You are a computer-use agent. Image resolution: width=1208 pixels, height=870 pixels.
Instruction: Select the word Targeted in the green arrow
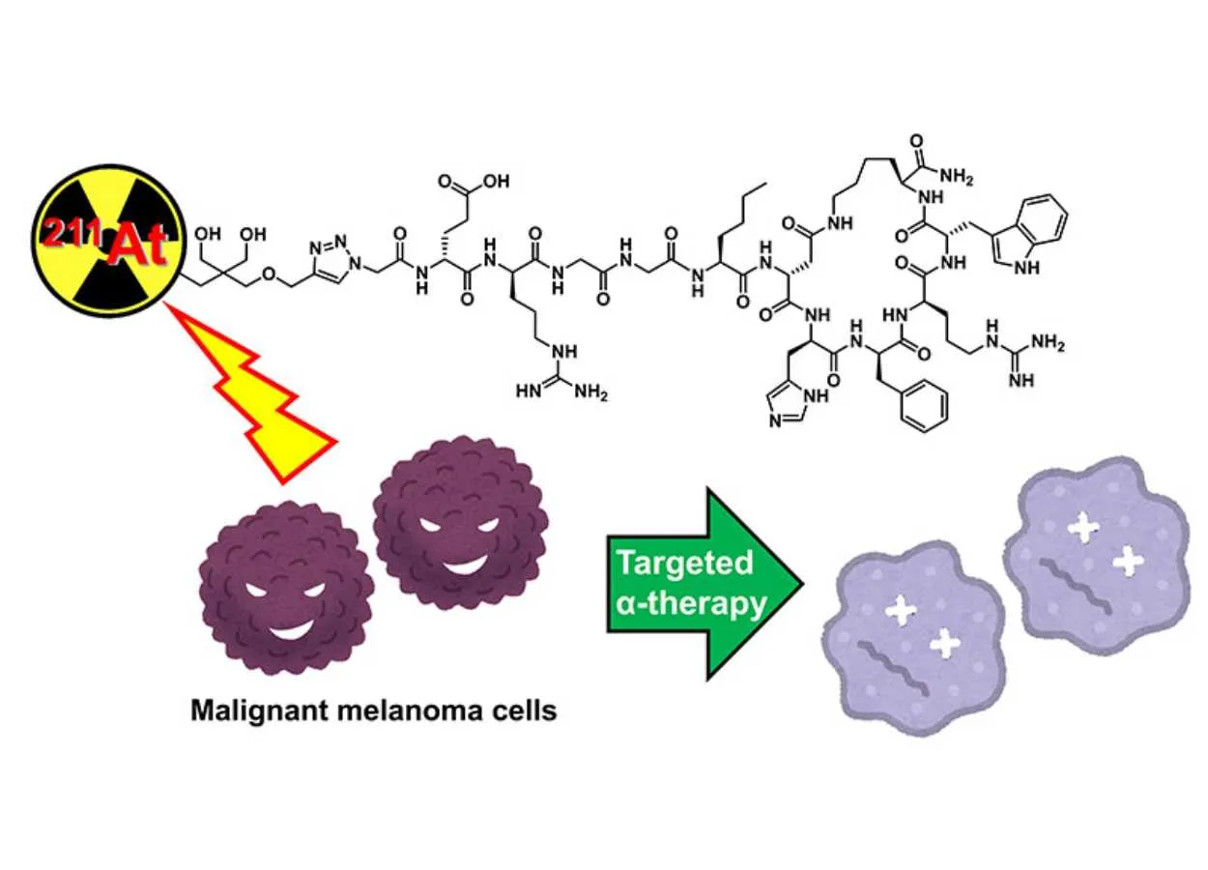(x=685, y=563)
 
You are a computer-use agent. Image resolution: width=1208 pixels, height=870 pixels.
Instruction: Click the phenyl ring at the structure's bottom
(x=912, y=405)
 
